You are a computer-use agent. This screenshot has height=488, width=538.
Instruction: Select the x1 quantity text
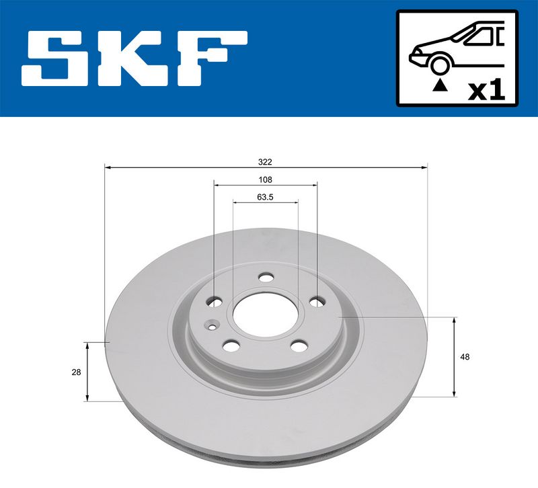point(486,91)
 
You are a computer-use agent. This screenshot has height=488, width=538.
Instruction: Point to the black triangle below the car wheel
point(440,85)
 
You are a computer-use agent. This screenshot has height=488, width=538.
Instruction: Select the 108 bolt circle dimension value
point(265,179)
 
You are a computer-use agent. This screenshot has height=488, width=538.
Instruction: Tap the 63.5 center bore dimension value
point(265,198)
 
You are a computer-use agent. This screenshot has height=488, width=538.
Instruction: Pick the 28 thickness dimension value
point(76,372)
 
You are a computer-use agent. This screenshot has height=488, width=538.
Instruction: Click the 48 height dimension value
point(465,357)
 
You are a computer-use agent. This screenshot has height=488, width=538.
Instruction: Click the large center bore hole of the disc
point(265,311)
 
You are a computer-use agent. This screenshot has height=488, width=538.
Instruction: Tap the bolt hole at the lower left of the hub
point(231,346)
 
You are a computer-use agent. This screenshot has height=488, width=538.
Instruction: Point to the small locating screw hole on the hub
point(213,328)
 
